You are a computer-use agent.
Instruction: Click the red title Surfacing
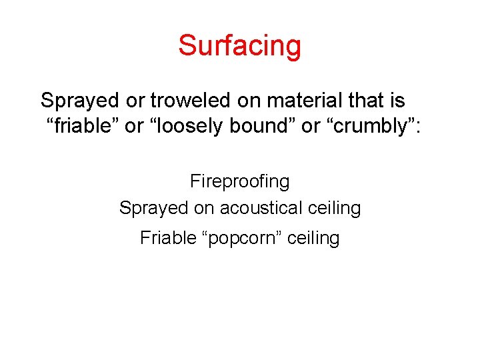(x=239, y=45)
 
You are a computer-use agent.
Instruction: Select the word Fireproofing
(x=239, y=181)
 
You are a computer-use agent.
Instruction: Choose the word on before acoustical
(x=204, y=208)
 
